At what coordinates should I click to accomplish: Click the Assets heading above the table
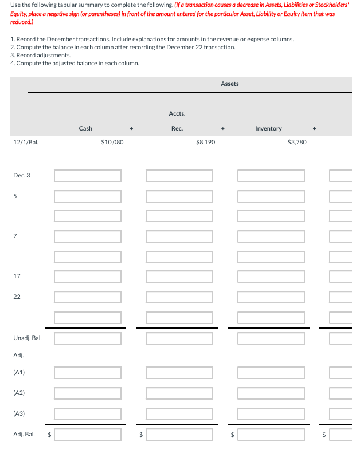pos(229,84)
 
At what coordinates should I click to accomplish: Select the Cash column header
pos(85,128)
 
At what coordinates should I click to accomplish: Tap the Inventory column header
pos(268,128)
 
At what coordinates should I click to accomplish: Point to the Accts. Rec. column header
pos(177,121)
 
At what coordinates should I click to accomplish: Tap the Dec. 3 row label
pos(22,175)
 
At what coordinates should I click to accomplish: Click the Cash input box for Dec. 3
pos(88,175)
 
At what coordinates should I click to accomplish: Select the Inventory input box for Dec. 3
pos(271,175)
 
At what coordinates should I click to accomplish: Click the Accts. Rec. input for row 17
pos(179,277)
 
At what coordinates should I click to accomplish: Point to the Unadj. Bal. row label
pos(27,338)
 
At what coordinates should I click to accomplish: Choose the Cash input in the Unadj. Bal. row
pos(88,338)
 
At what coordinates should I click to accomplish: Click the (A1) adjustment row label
pos(19,372)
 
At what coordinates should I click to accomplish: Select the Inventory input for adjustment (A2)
pos(271,393)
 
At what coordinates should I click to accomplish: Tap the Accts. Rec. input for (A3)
pos(179,413)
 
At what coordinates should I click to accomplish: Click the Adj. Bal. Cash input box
pos(88,434)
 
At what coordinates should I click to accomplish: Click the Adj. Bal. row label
pos(24,434)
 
